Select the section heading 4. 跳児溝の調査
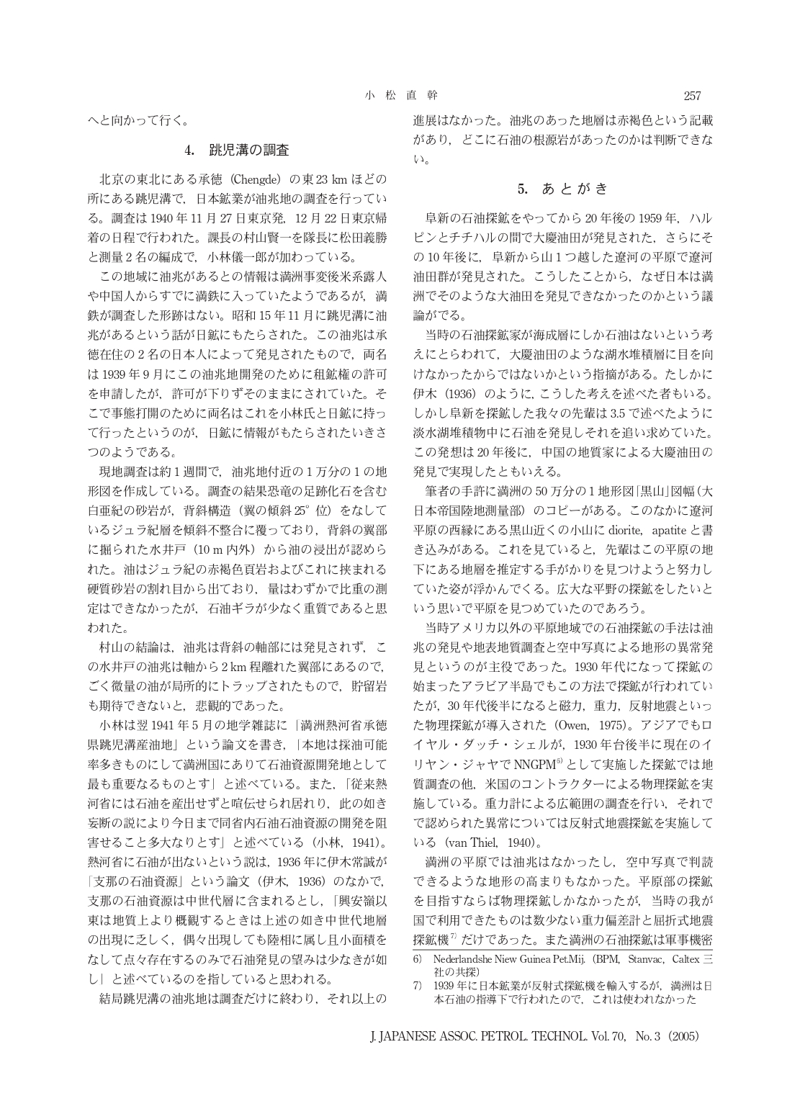[237, 151]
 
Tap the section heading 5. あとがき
[563, 189]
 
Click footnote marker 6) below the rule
[417, 960]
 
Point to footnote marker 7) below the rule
[417, 985]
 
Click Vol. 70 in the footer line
[603, 1037]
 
